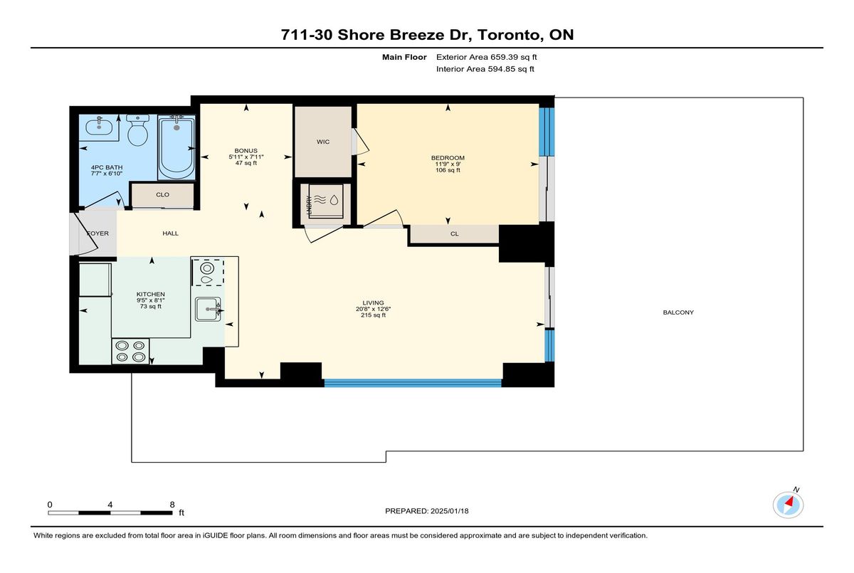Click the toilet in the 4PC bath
tap(137, 130)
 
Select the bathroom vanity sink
tap(99, 127)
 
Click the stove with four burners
tap(130, 351)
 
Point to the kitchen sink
tap(208, 309)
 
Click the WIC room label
tap(323, 142)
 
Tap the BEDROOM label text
tap(448, 158)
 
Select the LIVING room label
tap(373, 303)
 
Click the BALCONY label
tap(678, 312)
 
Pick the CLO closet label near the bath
tap(162, 195)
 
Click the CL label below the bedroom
tap(455, 234)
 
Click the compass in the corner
tap(788, 505)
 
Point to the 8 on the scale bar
tap(172, 505)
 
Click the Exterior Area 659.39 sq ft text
tap(487, 57)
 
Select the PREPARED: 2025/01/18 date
tap(426, 511)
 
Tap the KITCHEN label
tap(151, 294)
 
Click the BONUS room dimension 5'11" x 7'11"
tap(246, 157)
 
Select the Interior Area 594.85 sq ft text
tap(485, 69)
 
